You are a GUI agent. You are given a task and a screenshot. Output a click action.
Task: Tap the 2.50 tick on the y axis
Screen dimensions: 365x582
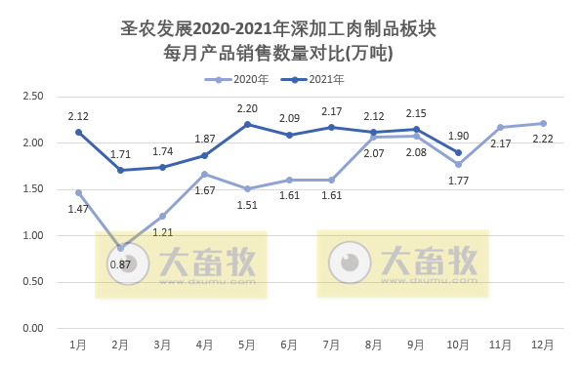[32, 96]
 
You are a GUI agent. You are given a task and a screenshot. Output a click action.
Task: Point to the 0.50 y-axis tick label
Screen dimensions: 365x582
[32, 282]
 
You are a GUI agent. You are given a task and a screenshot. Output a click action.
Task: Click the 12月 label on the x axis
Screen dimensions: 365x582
[543, 345]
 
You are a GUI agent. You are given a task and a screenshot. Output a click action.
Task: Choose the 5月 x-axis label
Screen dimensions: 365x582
[247, 345]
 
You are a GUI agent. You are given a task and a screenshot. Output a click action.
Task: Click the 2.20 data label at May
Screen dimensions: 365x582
[247, 108]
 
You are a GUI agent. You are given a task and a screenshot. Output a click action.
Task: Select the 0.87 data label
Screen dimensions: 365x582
[121, 264]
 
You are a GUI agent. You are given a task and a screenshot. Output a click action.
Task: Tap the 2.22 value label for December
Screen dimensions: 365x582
[543, 140]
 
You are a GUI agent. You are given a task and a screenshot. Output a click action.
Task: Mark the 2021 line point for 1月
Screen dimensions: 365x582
[79, 132]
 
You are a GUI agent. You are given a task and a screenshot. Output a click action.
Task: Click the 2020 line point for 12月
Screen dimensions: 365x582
[543, 123]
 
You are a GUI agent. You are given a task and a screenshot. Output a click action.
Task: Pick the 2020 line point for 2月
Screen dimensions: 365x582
[121, 248]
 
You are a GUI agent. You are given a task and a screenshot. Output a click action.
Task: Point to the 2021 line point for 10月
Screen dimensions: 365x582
[459, 152]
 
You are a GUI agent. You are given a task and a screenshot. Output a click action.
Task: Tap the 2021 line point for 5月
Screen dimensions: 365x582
[247, 124]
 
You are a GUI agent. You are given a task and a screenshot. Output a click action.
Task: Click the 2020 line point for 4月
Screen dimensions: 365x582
[205, 174]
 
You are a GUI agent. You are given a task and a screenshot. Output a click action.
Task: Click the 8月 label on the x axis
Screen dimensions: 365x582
[374, 345]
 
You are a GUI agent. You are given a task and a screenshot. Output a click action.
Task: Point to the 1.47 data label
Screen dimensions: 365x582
[79, 209]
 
